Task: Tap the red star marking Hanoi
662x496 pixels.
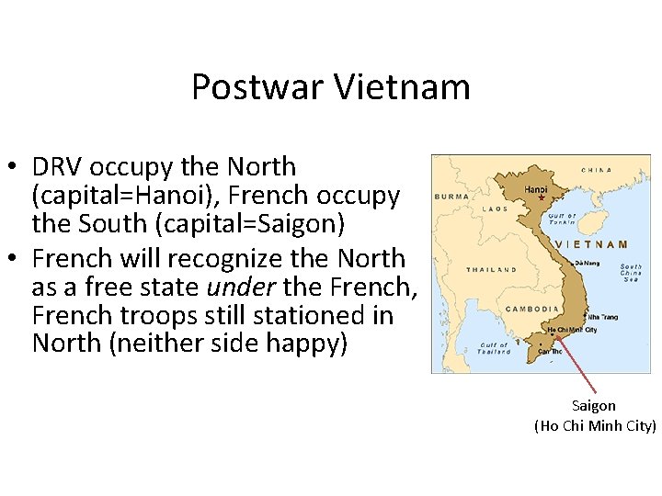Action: pos(542,198)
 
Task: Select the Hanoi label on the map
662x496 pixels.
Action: pos(535,189)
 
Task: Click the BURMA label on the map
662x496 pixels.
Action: pos(451,196)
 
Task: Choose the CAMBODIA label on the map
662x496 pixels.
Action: pos(532,309)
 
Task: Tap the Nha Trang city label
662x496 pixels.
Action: pos(602,317)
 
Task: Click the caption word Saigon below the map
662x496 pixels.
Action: pos(594,405)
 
